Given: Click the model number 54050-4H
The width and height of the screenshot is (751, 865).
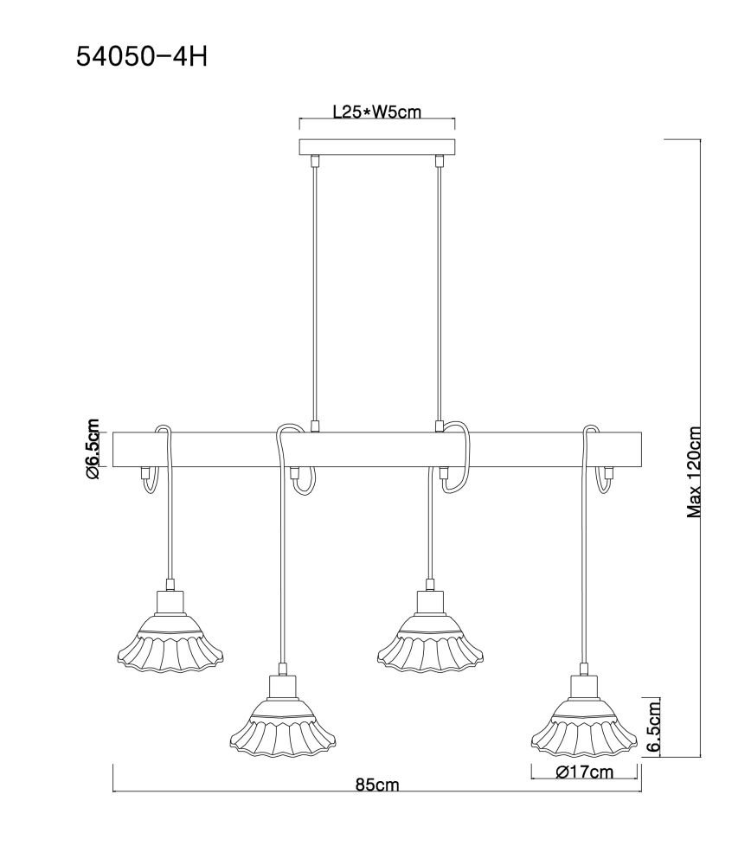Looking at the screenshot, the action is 141,57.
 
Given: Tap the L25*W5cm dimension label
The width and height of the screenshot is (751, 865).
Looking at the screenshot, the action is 377,112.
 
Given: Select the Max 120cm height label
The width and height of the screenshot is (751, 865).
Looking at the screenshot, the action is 694,471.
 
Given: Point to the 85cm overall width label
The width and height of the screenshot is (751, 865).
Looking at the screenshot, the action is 377,785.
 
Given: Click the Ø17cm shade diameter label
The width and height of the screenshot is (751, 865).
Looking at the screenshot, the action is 585,772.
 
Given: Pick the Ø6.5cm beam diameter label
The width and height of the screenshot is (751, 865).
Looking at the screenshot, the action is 92,448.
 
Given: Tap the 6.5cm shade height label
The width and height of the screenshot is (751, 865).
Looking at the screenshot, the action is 654,726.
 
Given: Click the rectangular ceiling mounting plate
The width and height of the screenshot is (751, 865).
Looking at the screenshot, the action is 377,147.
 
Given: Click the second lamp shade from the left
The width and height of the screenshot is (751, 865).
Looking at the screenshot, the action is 283,726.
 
